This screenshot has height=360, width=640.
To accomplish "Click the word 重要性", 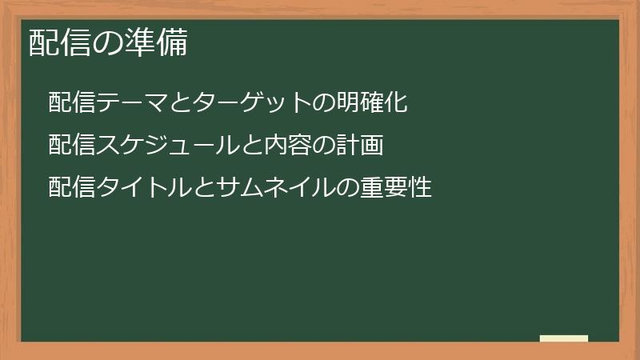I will pyautogui.click(x=397, y=188).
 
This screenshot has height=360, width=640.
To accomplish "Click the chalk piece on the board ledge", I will pyautogui.click(x=564, y=338).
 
